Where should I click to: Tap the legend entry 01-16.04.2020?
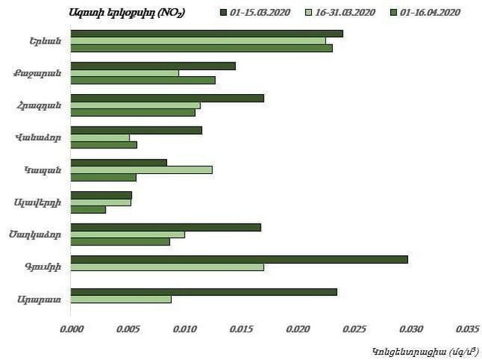(431, 13)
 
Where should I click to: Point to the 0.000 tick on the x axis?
(71, 329)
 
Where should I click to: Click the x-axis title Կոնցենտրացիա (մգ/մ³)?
(418, 350)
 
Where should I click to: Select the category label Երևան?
(36, 41)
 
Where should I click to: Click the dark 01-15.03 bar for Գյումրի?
(239, 259)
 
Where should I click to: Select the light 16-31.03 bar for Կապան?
(142, 169)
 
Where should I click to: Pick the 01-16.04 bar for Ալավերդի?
(88, 209)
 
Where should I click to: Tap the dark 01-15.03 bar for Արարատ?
(204, 291)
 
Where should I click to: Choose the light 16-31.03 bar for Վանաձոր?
(100, 138)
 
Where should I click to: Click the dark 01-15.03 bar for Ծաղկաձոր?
(166, 227)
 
